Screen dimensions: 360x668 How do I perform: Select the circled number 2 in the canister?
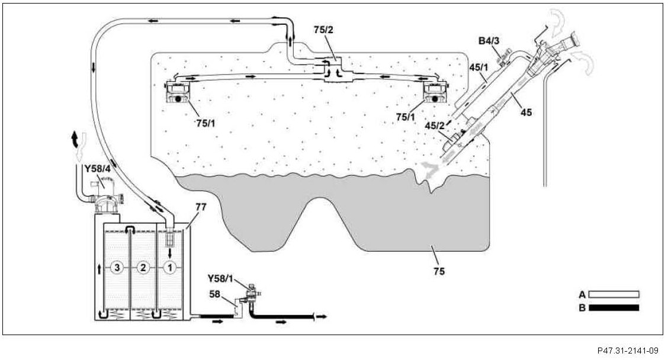pos(142,268)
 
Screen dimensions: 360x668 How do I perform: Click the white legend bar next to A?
pos(618,293)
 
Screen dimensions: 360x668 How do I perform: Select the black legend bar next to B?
pos(618,307)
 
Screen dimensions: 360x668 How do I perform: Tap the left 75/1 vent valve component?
pos(178,94)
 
